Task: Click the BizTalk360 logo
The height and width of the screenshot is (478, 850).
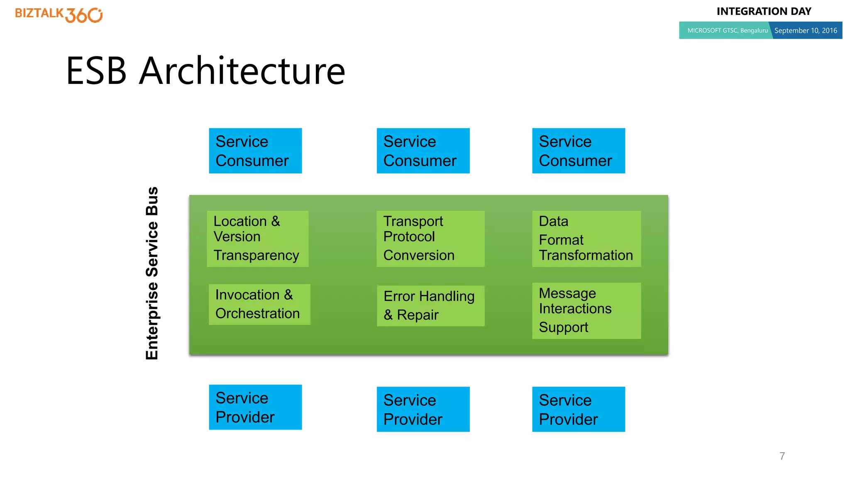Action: tap(59, 15)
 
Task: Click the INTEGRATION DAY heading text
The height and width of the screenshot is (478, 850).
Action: tap(764, 11)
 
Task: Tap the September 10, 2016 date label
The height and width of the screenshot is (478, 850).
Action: tap(806, 30)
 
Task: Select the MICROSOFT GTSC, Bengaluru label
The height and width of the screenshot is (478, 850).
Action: tap(727, 30)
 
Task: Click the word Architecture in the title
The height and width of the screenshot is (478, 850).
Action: tap(242, 71)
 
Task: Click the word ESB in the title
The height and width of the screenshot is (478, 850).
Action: tap(96, 71)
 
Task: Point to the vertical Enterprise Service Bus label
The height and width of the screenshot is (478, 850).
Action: tap(152, 273)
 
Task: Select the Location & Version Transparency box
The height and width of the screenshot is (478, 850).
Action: tap(257, 239)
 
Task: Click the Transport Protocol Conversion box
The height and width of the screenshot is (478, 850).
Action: tap(430, 239)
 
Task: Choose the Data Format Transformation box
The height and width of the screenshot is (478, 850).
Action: tap(586, 239)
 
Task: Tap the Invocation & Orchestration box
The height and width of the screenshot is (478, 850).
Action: tap(259, 304)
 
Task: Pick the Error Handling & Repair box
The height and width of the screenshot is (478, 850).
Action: tap(430, 306)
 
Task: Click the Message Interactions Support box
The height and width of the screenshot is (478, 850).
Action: tap(586, 310)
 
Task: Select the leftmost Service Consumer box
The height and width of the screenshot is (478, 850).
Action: tap(255, 151)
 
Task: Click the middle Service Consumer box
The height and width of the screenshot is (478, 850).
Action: tap(423, 151)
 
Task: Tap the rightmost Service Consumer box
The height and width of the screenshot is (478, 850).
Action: tap(578, 151)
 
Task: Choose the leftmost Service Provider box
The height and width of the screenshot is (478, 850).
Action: tap(255, 407)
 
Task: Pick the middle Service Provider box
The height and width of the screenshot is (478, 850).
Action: tap(423, 409)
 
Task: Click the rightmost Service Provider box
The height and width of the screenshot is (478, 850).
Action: tap(578, 409)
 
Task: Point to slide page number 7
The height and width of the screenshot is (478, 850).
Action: tap(782, 456)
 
